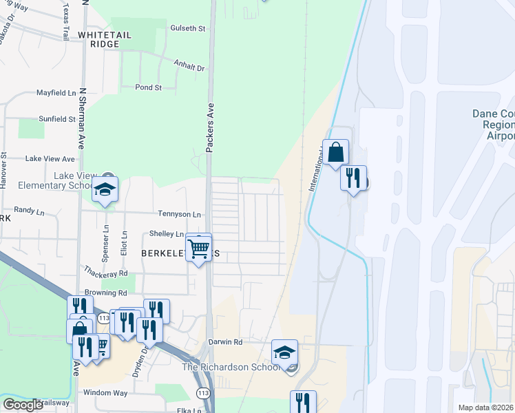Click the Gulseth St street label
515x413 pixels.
coord(188,28)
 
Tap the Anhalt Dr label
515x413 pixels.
coord(190,68)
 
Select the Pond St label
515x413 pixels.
coord(148,87)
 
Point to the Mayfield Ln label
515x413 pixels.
coord(56,92)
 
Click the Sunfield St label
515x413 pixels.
coord(56,119)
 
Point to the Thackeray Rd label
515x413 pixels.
coord(105,273)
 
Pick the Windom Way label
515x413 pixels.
coord(105,392)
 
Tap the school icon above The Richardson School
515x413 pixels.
coord(284,352)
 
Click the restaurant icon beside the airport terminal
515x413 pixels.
coord(353,178)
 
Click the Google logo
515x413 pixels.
coord(23,405)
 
